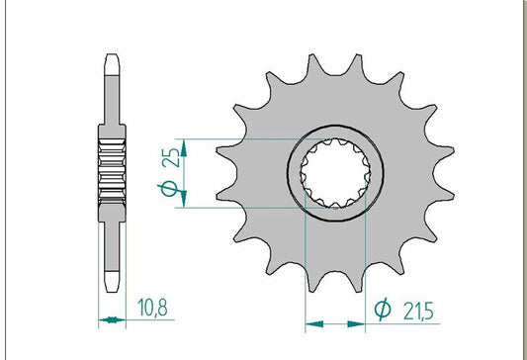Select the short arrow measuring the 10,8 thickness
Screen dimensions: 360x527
[x=113, y=320]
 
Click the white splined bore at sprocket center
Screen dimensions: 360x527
[x=335, y=173]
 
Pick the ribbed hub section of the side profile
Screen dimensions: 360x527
[x=113, y=172]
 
